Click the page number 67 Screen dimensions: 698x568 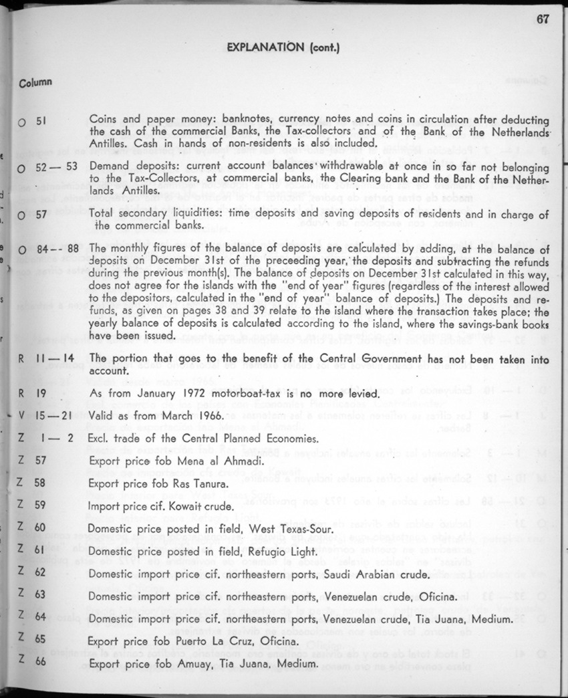click(x=542, y=19)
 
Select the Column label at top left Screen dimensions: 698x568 click(x=35, y=83)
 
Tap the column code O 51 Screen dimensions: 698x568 click(x=32, y=122)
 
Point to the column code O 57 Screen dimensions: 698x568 click(x=32, y=215)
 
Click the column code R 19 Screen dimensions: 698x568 click(x=31, y=394)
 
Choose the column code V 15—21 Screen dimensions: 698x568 click(x=41, y=416)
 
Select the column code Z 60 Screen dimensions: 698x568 click(x=31, y=528)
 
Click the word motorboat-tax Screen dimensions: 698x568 click(x=232, y=394)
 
